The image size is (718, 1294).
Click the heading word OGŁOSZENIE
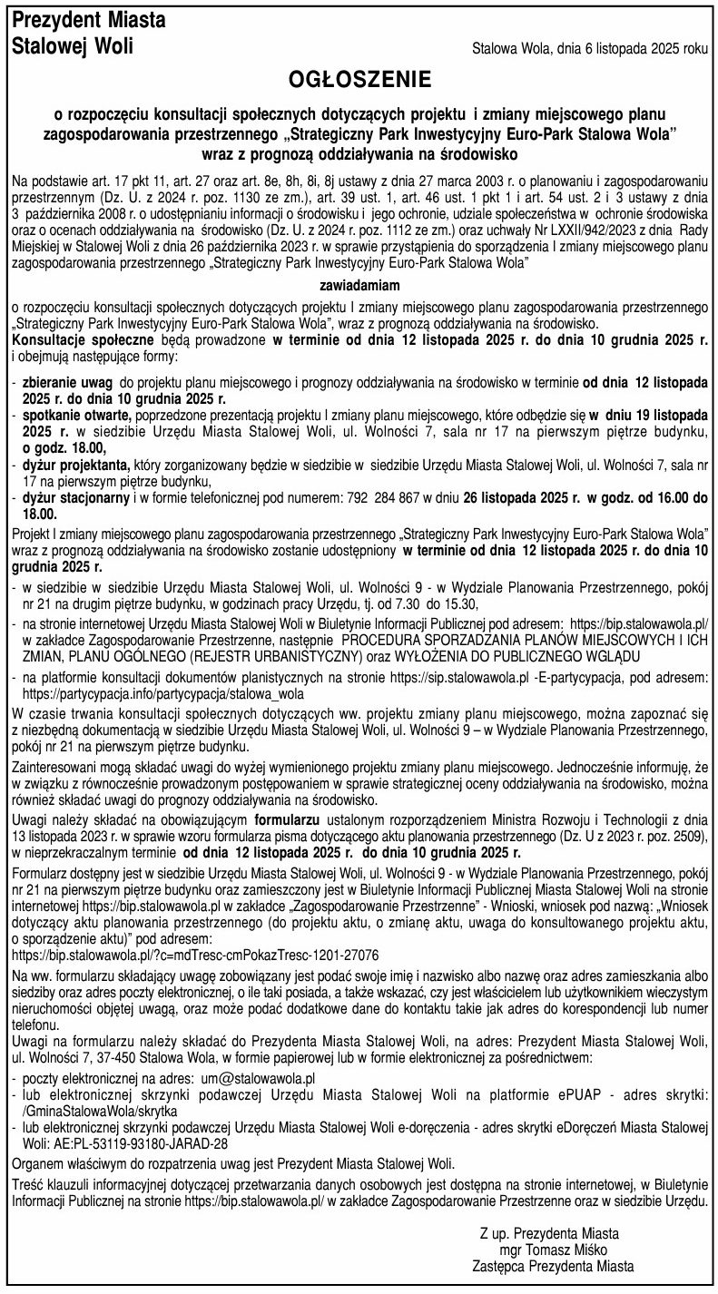pos(359,82)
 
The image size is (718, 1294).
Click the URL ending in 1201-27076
pos(195,956)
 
